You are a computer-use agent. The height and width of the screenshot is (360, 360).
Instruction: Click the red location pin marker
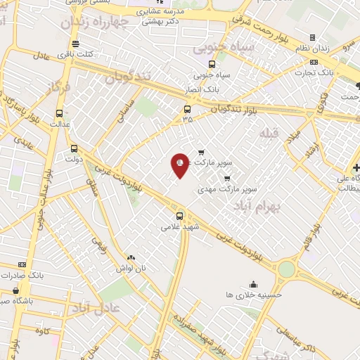tap(180, 165)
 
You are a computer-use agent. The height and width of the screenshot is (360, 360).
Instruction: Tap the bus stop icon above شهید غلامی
tap(180, 215)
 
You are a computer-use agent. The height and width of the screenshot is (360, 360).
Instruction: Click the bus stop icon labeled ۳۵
tap(187, 109)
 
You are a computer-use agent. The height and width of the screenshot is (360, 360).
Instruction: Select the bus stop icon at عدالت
tap(59, 112)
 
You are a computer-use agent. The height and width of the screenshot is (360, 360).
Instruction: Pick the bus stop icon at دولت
tap(75, 148)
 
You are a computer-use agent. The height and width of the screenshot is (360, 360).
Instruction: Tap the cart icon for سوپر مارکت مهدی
tap(226, 178)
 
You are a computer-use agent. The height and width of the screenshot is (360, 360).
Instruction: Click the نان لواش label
tap(131, 269)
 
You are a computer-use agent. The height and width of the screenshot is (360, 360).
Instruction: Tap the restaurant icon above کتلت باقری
tap(75, 43)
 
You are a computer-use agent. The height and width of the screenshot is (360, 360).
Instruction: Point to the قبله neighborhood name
tap(269, 133)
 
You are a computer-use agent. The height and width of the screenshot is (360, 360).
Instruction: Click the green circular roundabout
tap(286, 269)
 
